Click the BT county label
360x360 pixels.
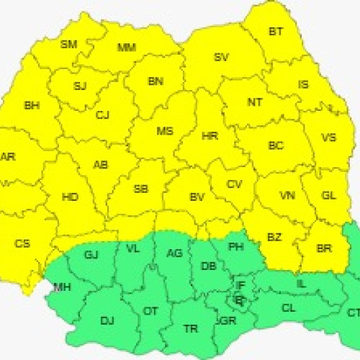point(276,31)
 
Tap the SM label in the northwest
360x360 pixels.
point(68,44)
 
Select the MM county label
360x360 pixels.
point(127,48)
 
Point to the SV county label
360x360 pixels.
point(222,57)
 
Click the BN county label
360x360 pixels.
point(156,81)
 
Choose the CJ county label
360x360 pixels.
point(102,114)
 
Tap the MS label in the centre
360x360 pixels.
point(165,131)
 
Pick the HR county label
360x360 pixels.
point(210,135)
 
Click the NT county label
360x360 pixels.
point(255,102)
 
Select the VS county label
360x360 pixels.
point(328,138)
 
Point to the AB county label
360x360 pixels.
point(101,165)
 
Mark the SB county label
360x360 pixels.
point(142,189)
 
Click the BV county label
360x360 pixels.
point(197,197)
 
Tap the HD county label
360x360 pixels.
point(71,197)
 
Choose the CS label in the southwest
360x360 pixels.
point(22,243)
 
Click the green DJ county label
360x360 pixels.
point(107,320)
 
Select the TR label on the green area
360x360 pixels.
point(190,328)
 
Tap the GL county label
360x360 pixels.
point(329,195)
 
